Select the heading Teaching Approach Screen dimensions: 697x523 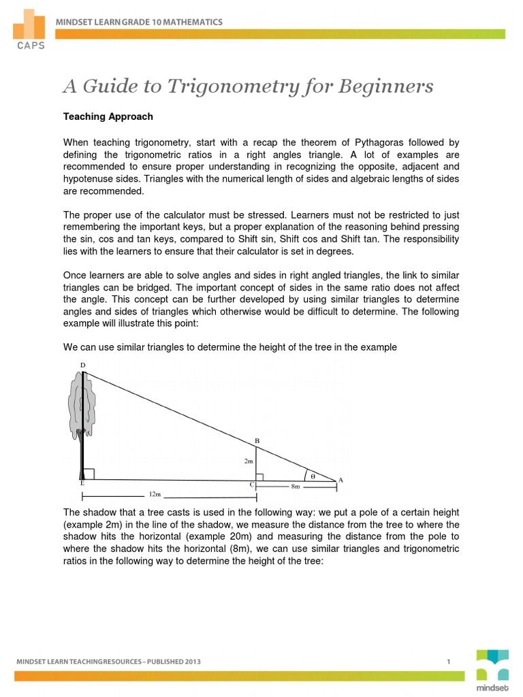pos(108,116)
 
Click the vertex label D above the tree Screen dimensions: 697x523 pos(83,366)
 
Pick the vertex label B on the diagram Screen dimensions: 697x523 pos(257,441)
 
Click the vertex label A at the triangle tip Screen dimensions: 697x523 pos(340,480)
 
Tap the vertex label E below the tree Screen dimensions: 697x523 pos(82,483)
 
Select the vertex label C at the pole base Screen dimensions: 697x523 pos(252,485)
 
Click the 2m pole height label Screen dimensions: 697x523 pos(249,461)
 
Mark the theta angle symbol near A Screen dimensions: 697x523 pos(313,476)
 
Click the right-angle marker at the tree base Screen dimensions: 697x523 pos(89,473)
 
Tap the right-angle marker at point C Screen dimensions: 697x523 pos(259,476)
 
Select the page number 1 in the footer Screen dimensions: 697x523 pos(449,661)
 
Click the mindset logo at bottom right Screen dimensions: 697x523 pos(492,670)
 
